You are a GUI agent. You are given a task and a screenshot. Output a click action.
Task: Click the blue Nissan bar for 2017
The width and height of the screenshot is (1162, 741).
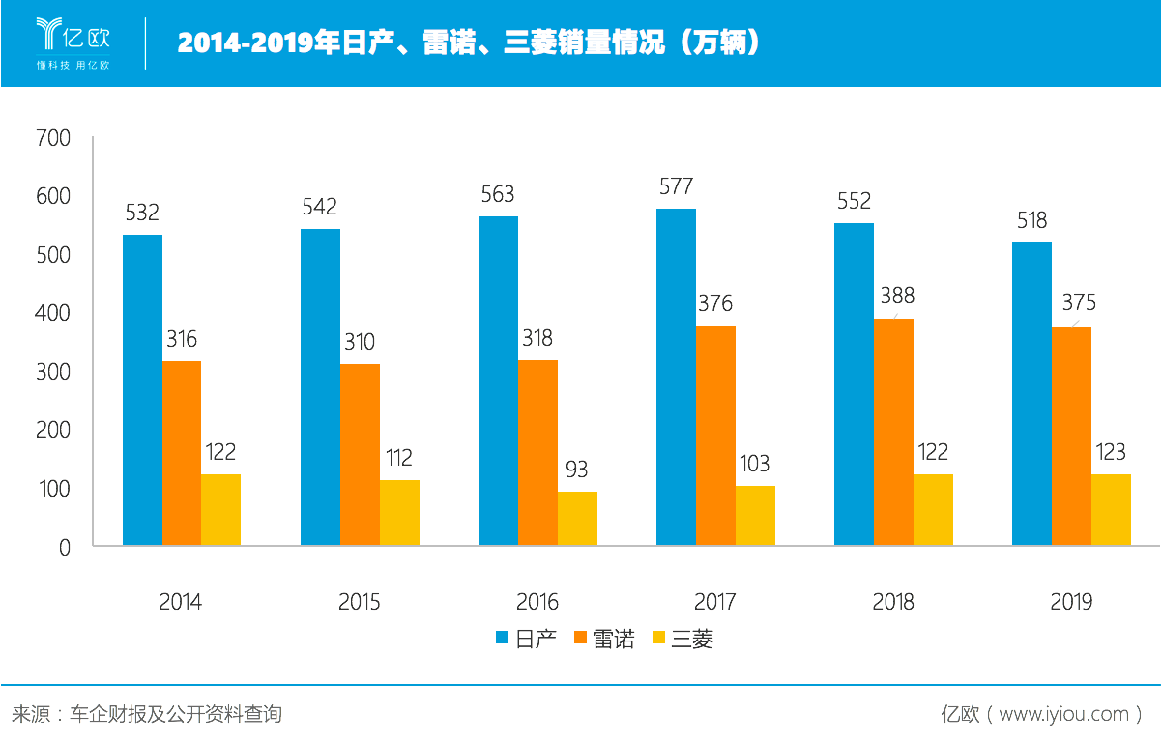click(676, 377)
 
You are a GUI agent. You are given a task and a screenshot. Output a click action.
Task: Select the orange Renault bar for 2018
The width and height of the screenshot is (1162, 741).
click(893, 432)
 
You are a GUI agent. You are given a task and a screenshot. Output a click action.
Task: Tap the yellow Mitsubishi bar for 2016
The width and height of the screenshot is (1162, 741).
click(577, 519)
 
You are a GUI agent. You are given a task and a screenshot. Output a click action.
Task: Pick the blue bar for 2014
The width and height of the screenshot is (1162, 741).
click(142, 389)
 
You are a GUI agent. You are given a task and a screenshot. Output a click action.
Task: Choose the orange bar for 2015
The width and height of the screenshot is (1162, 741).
click(360, 454)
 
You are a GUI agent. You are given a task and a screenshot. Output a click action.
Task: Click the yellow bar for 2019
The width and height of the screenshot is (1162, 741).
click(1111, 509)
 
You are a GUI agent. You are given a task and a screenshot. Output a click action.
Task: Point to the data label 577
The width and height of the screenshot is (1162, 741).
click(676, 186)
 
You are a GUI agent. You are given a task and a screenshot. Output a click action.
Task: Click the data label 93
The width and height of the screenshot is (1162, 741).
click(577, 470)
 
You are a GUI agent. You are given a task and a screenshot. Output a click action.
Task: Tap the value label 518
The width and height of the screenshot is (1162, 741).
click(1031, 220)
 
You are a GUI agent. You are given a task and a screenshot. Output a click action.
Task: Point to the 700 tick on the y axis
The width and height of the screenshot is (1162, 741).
click(53, 138)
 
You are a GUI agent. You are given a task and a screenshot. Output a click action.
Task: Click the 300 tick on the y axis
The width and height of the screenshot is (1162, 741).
click(53, 372)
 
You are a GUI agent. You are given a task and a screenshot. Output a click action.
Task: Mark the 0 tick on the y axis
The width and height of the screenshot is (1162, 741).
click(65, 547)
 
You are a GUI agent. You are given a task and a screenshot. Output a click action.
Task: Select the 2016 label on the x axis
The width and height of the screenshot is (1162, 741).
click(537, 601)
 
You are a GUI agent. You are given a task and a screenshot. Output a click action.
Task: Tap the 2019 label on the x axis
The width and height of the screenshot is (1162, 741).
click(1071, 601)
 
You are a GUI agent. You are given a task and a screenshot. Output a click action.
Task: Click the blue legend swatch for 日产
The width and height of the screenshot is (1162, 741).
click(502, 638)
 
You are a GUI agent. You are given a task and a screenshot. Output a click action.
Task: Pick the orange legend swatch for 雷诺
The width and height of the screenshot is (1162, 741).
click(581, 638)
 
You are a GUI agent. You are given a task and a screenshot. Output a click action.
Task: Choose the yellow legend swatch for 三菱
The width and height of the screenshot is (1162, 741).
click(659, 638)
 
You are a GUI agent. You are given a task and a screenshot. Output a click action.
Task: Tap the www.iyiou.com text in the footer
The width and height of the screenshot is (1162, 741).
click(1063, 714)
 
